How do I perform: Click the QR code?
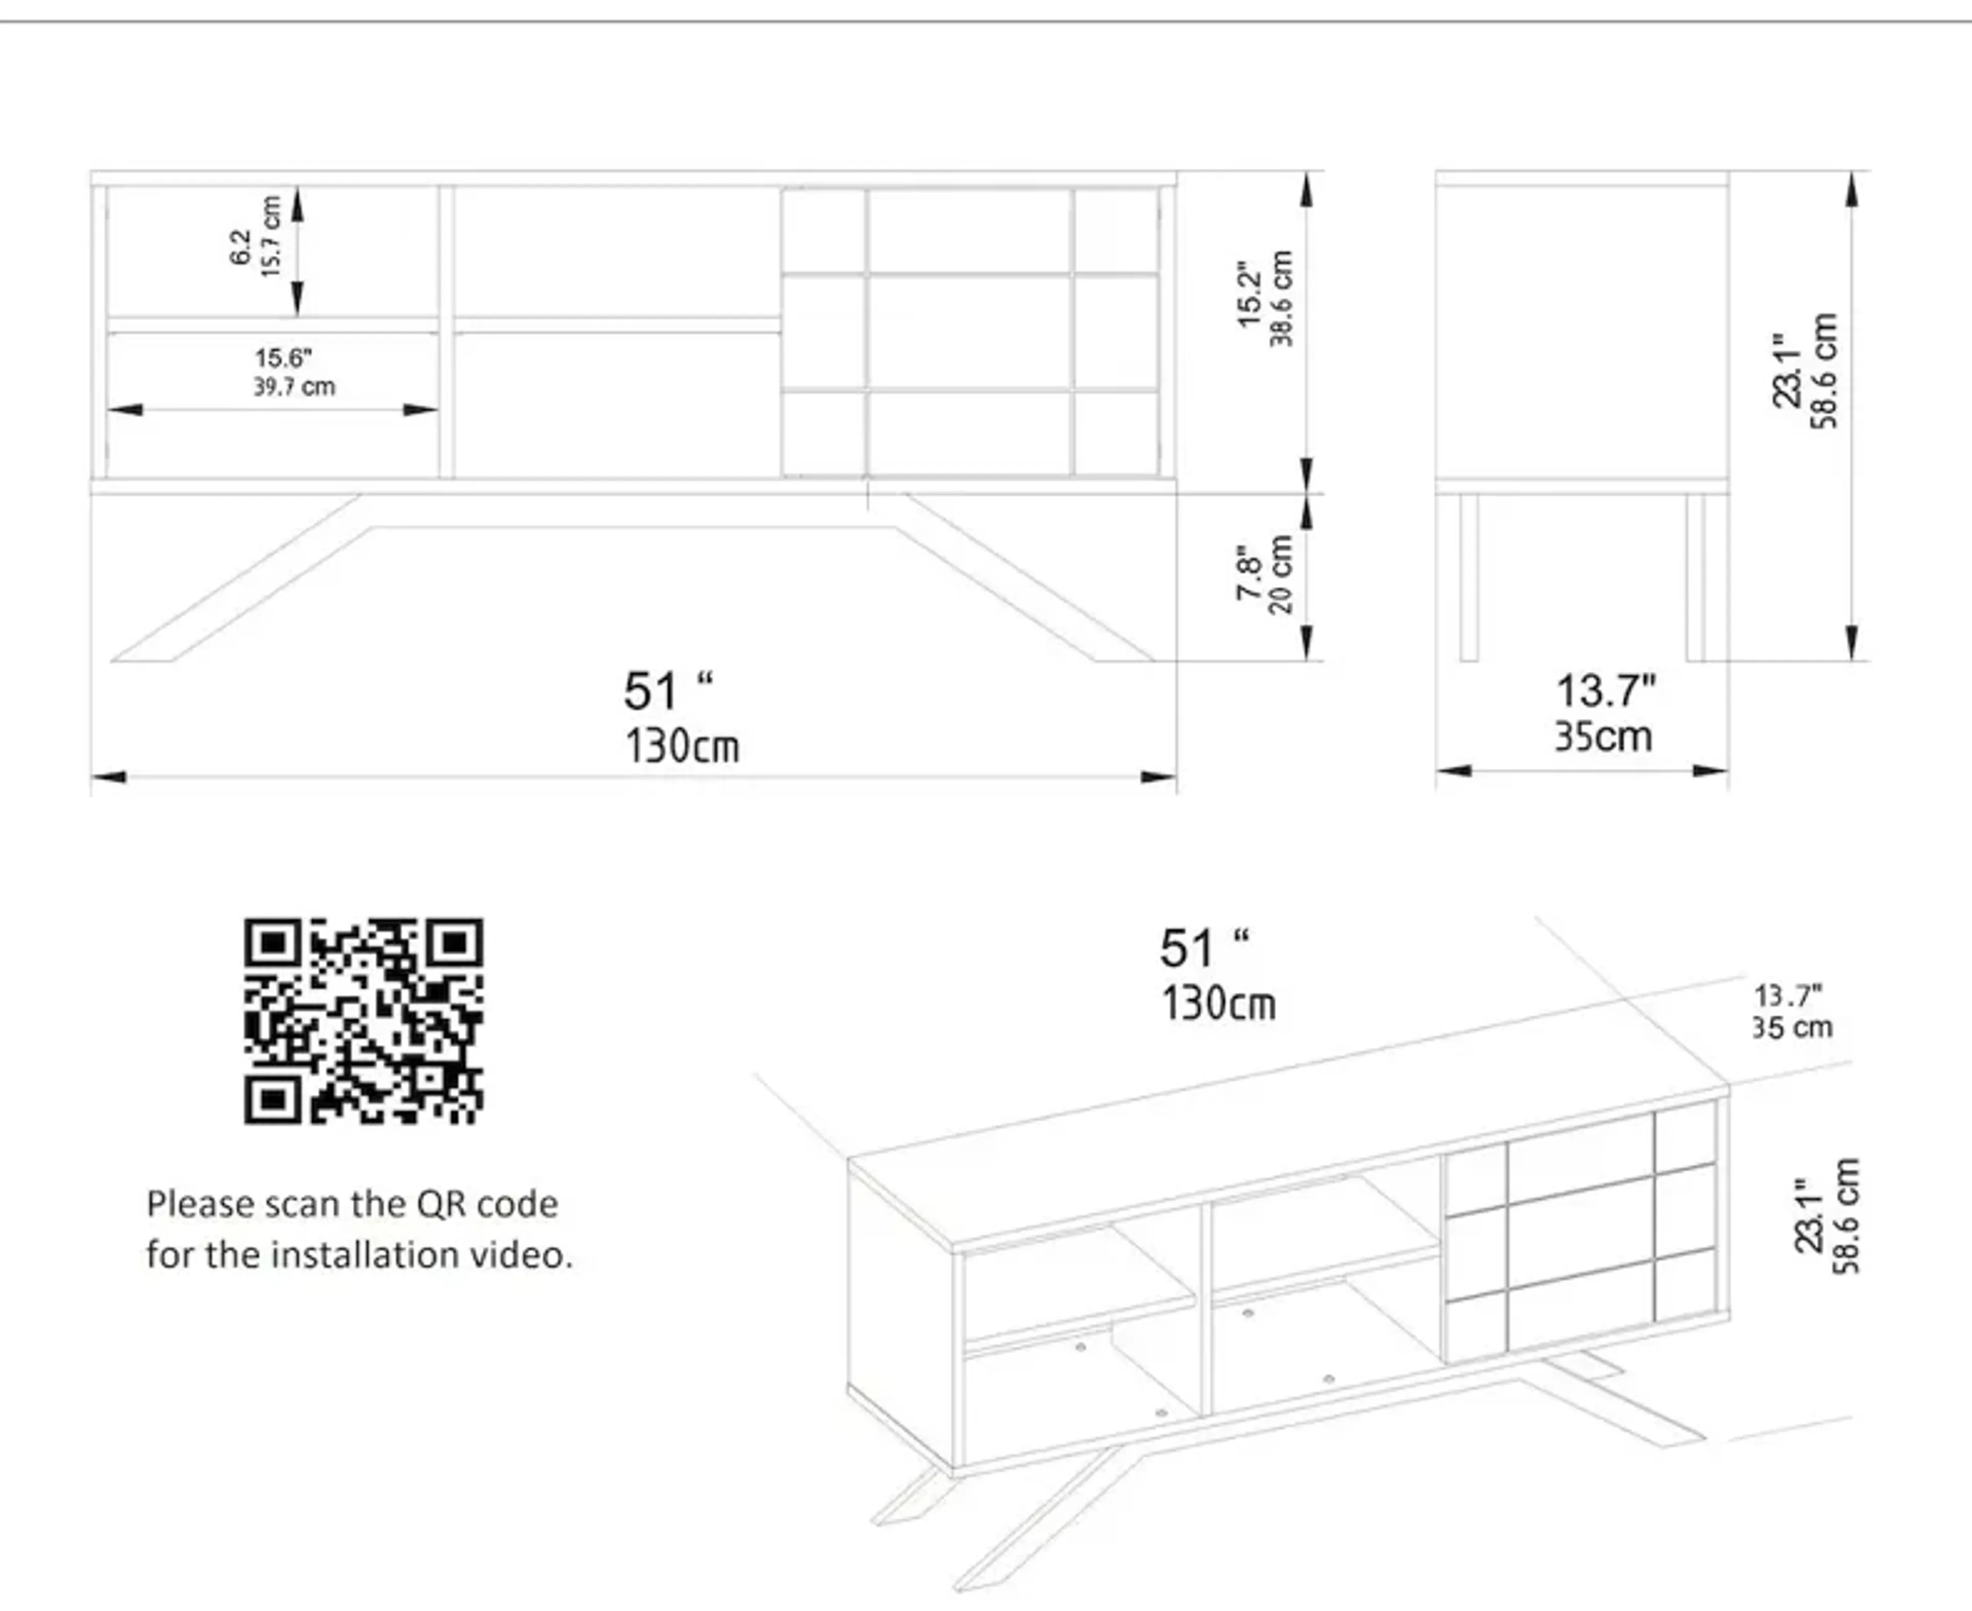pos(363,1021)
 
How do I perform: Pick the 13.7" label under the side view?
pos(1605,691)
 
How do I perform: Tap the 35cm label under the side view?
pos(1604,737)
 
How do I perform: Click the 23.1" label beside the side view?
pos(1787,371)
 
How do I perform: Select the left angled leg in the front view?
pos(237,580)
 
